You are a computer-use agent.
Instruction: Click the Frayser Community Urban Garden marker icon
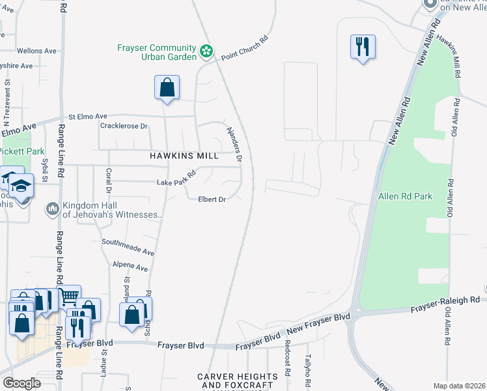(206, 51)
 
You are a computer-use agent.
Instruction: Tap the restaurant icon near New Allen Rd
(363, 46)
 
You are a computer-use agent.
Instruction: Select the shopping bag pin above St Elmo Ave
(167, 87)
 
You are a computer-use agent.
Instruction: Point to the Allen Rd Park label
(405, 195)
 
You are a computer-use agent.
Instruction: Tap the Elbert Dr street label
(212, 199)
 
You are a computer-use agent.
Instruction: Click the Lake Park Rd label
(176, 179)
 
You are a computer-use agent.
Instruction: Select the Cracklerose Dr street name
(124, 126)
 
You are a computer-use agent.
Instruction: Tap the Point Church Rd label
(244, 48)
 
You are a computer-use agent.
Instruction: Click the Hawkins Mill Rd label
(449, 57)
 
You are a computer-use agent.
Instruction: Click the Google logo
(21, 383)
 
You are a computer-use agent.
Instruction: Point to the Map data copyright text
(460, 386)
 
